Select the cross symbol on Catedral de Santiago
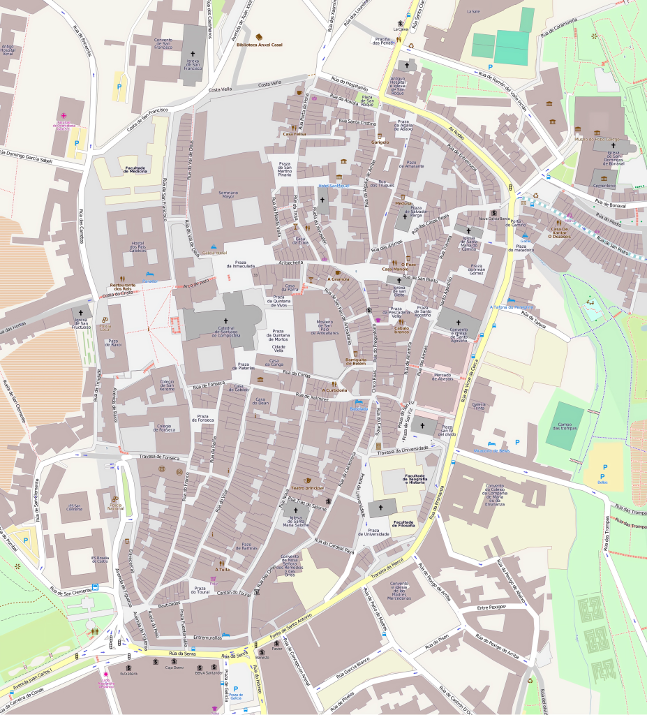coord(226,320)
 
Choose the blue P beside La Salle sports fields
coord(490,66)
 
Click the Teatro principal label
coord(307,487)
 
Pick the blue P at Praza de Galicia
coord(236,689)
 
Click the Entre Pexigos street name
coord(492,608)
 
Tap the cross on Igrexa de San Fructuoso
coord(81,312)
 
